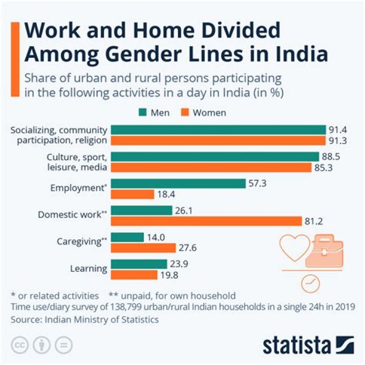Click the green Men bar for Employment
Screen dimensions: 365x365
tap(177, 183)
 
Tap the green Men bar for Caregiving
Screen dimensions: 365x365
tap(127, 237)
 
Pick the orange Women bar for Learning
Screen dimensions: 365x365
tap(134, 275)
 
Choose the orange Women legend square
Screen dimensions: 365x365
tap(187, 113)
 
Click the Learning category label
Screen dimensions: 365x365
tap(89, 268)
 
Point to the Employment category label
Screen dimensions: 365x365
tap(79, 188)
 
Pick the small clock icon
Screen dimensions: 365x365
tap(310, 283)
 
